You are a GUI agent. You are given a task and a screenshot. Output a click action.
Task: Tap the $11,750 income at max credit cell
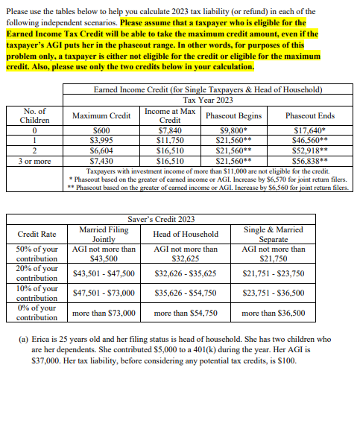pyautogui.click(x=170, y=139)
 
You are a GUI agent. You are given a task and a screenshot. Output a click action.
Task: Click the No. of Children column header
pyautogui.click(x=35, y=115)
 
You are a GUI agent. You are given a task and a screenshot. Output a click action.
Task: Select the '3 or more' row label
pyautogui.click(x=35, y=160)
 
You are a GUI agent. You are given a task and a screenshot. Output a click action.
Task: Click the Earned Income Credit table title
pyautogui.click(x=208, y=90)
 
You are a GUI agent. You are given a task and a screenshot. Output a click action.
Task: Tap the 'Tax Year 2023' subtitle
pyautogui.click(x=208, y=100)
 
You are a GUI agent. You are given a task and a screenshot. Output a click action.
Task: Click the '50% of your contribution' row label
pyautogui.click(x=37, y=253)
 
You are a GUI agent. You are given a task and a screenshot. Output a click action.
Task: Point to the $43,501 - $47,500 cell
pyautogui.click(x=104, y=273)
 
